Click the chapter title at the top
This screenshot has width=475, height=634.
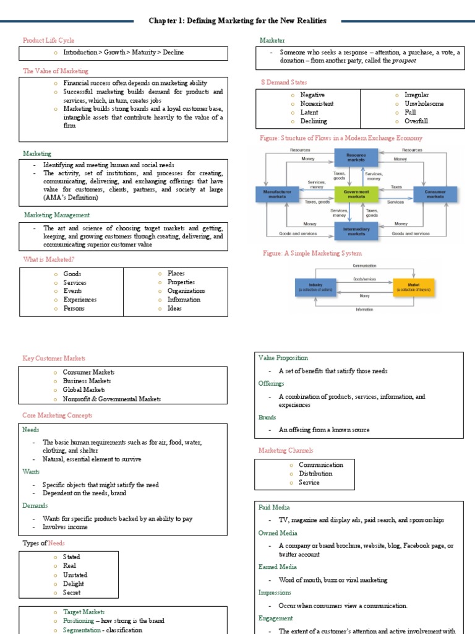tap(237, 21)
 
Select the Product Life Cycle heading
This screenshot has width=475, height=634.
tap(48, 40)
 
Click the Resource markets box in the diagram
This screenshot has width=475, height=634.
tap(355, 157)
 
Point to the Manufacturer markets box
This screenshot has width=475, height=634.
tap(276, 194)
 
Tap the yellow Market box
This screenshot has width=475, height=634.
tap(413, 287)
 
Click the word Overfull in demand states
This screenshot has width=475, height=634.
tap(416, 121)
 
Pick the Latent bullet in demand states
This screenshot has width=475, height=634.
tap(309, 113)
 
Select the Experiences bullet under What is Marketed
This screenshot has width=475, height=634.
tap(80, 300)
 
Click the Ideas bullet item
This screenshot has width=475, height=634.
tap(174, 308)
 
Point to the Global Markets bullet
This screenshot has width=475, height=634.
tap(84, 390)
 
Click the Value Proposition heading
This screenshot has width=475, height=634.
tap(283, 358)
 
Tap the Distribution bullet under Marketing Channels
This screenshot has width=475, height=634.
tap(315, 474)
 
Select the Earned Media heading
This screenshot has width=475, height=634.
tap(277, 567)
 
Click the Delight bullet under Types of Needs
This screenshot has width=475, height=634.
tap(73, 584)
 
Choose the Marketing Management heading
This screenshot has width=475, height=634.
tap(56, 215)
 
